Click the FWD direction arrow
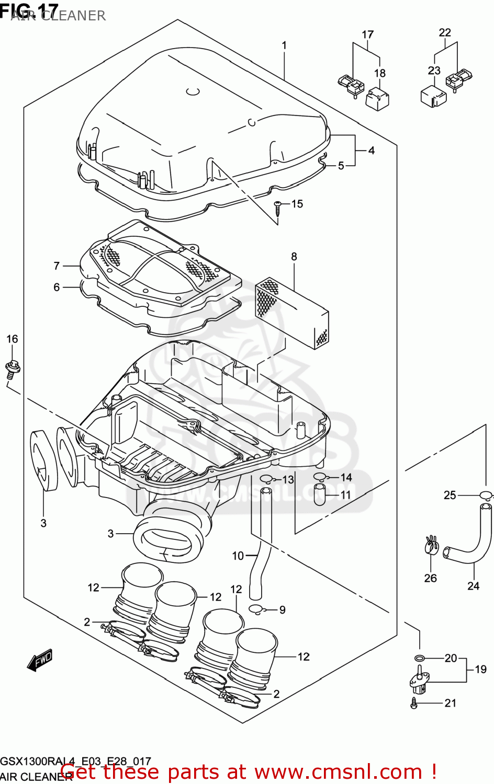tap(40, 660)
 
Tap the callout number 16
tap(12, 339)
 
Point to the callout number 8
tap(294, 257)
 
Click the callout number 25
tap(450, 495)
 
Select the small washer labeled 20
tap(420, 658)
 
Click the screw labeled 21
tap(414, 704)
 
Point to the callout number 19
tap(480, 669)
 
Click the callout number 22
tap(445, 32)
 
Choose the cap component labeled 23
tap(433, 96)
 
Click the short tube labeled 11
tap(320, 494)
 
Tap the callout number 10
tap(238, 556)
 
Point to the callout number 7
tap(57, 266)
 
